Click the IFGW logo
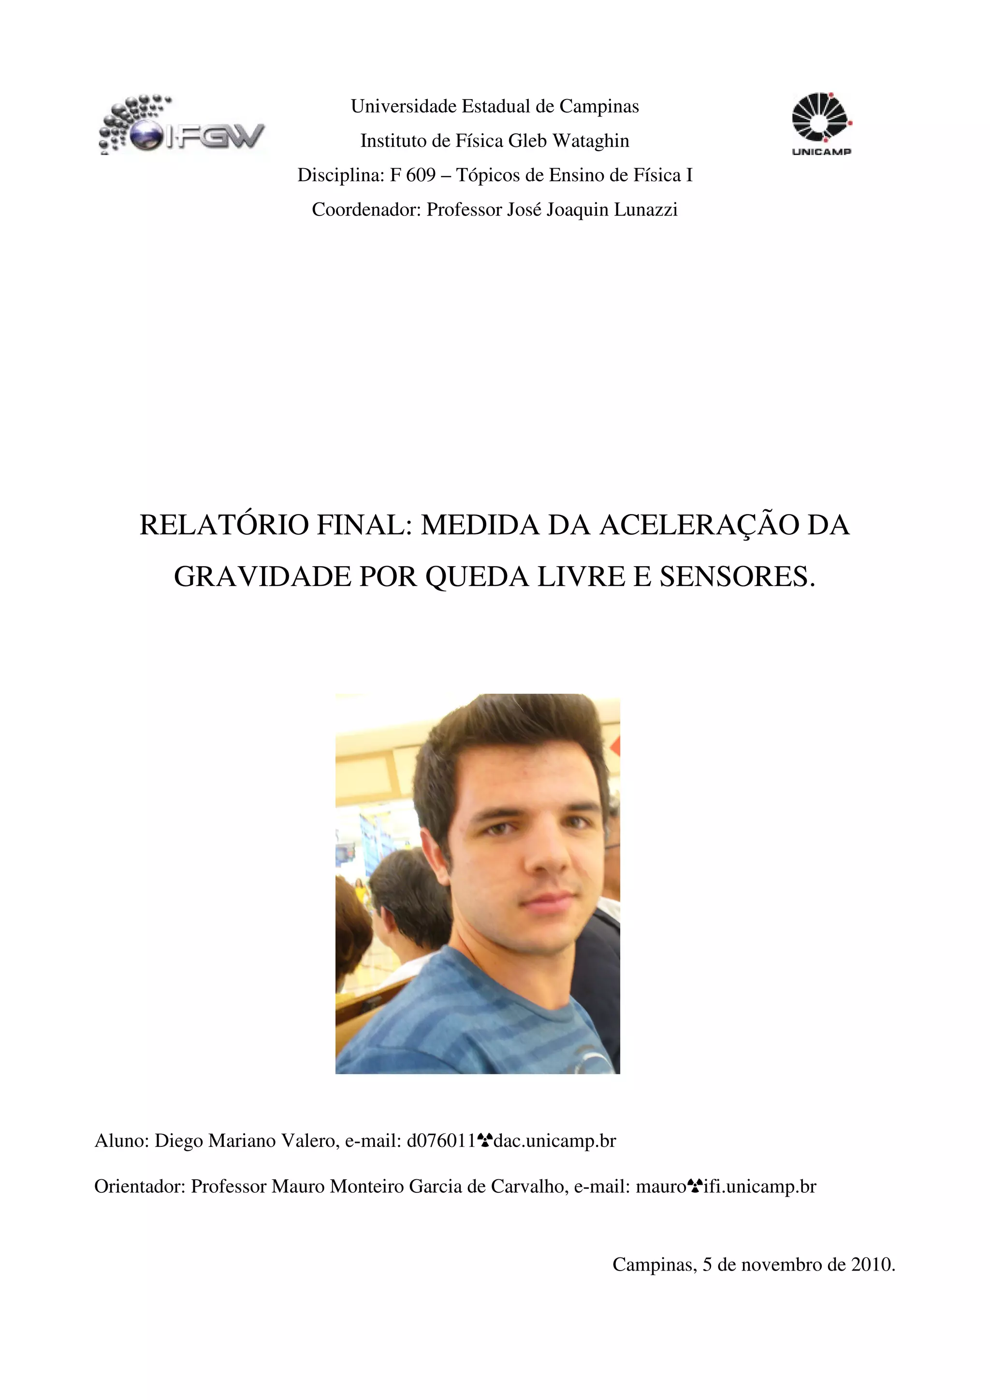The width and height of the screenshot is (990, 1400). point(181,125)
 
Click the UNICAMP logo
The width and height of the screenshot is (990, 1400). point(821,124)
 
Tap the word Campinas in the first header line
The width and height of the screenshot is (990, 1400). point(599,107)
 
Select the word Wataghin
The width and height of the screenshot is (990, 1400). point(590,141)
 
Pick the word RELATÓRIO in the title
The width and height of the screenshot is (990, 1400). point(224,525)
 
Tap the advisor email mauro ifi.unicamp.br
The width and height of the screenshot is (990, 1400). point(725,1186)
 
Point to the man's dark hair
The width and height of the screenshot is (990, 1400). point(506,732)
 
